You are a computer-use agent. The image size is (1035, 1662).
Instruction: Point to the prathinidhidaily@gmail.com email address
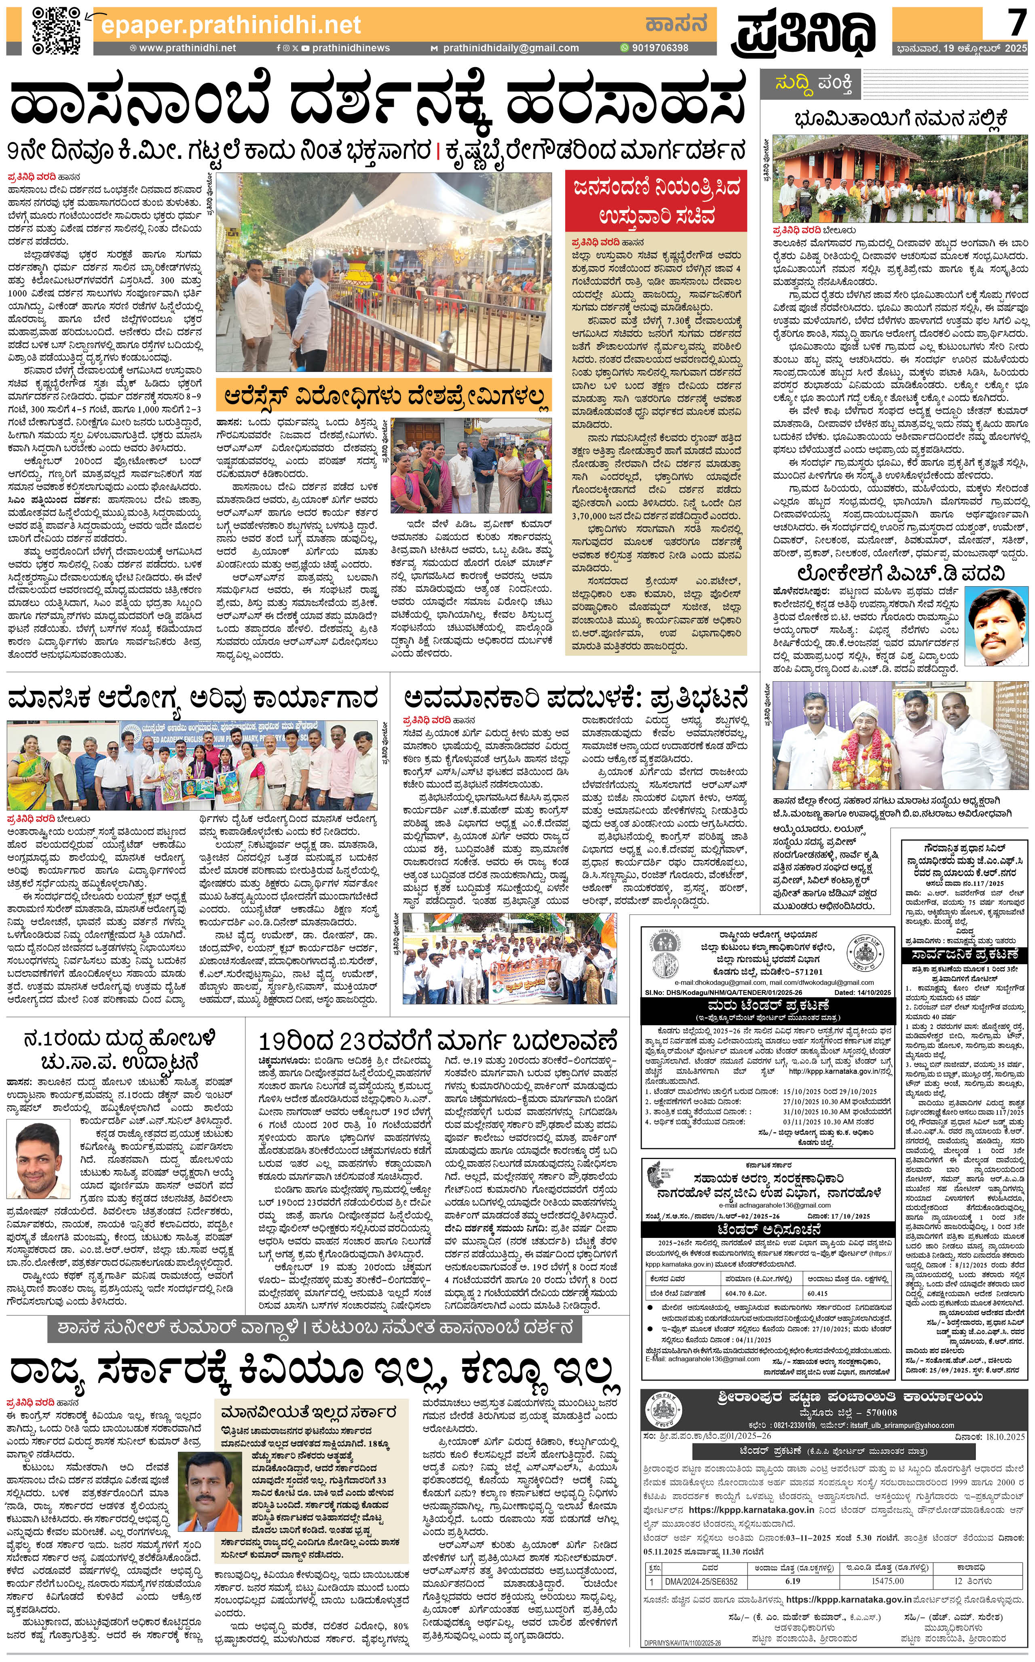coord(509,48)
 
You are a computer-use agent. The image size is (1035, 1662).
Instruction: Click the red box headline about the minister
coord(656,201)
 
